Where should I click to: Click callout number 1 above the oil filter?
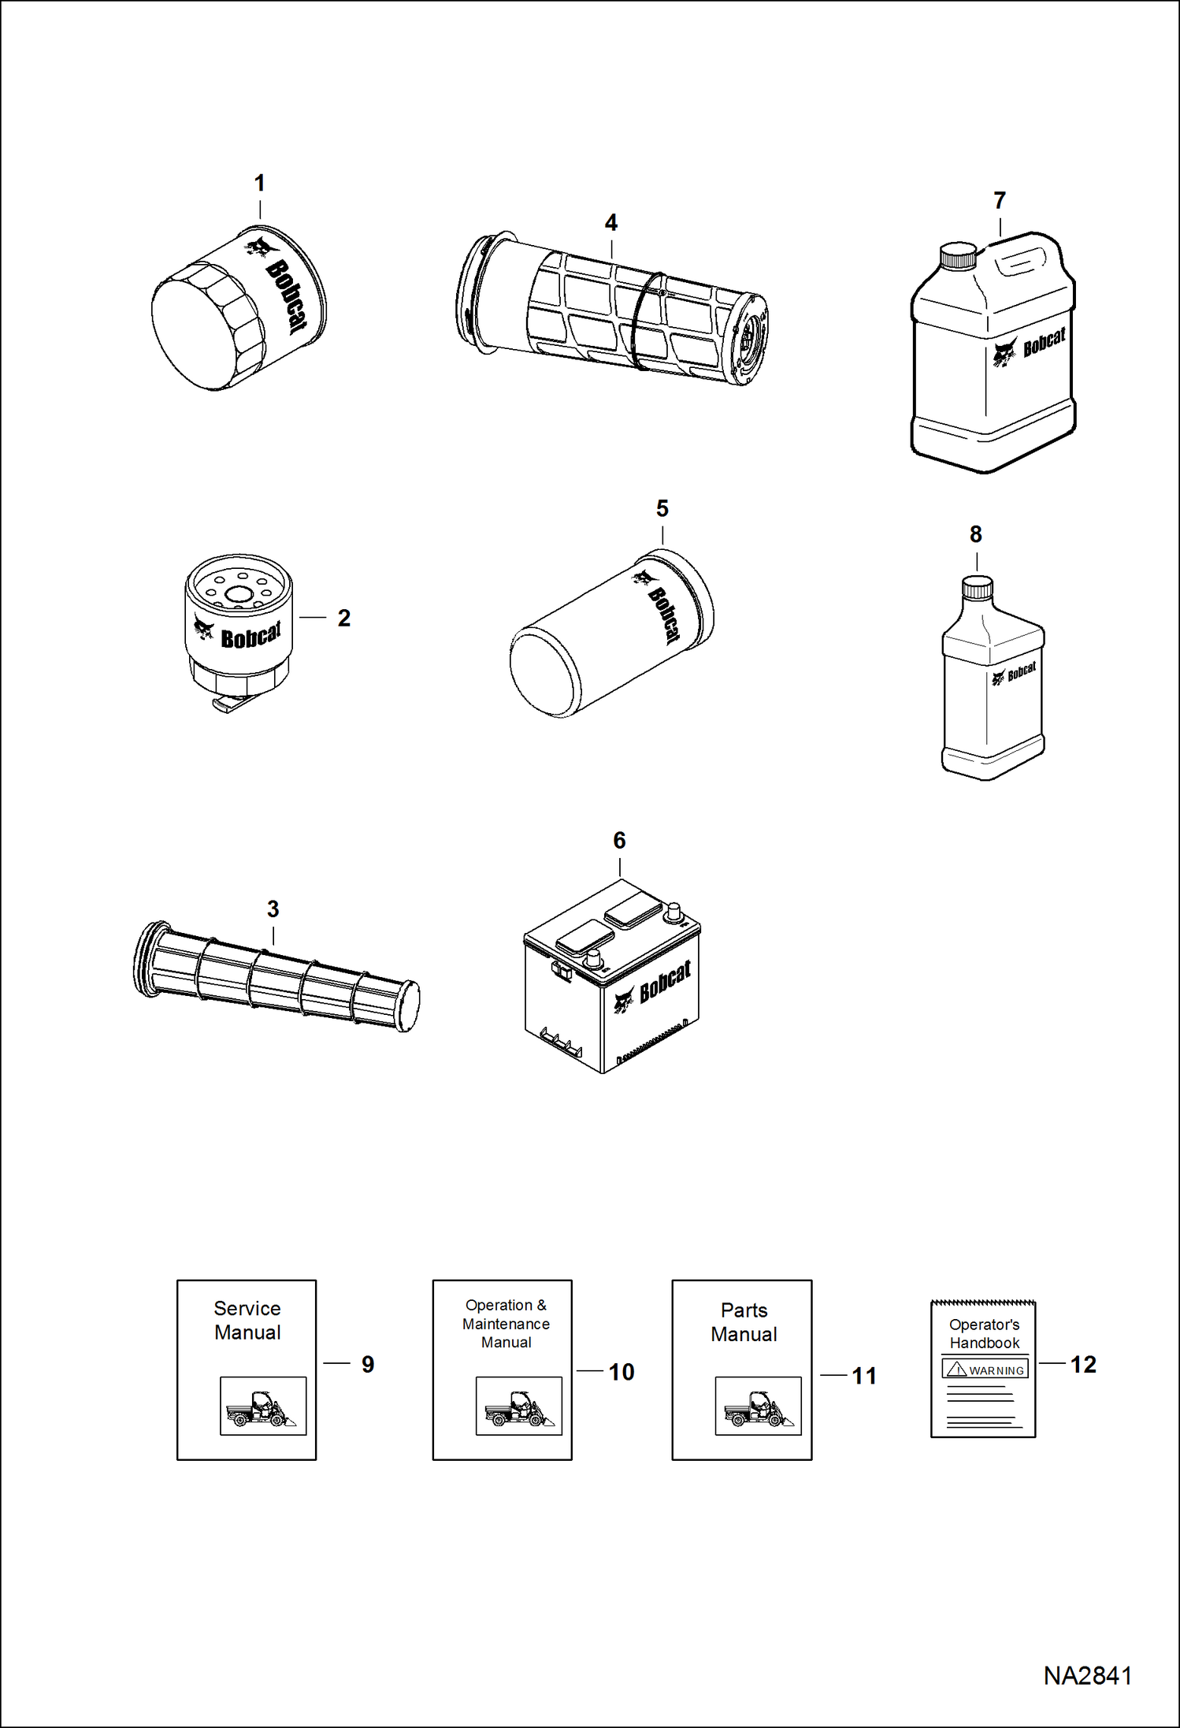[259, 184]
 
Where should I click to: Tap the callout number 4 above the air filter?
[610, 223]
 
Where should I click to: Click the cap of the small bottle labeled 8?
[977, 587]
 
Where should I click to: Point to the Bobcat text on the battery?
[665, 982]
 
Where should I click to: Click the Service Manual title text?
[247, 1321]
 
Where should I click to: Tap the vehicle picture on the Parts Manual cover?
[758, 1406]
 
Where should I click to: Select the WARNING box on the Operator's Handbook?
[985, 1369]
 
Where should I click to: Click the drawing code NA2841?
[1087, 1676]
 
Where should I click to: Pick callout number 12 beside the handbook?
[1082, 1365]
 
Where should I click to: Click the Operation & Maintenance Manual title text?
[506, 1324]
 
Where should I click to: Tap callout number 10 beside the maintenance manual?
[621, 1373]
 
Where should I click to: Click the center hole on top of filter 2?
[237, 595]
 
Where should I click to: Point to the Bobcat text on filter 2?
[250, 635]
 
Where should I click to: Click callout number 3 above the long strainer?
[273, 909]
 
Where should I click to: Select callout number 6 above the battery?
[619, 841]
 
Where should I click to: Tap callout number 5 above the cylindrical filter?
[662, 509]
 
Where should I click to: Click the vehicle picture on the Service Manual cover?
[262, 1406]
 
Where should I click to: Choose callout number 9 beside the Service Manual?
[367, 1365]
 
